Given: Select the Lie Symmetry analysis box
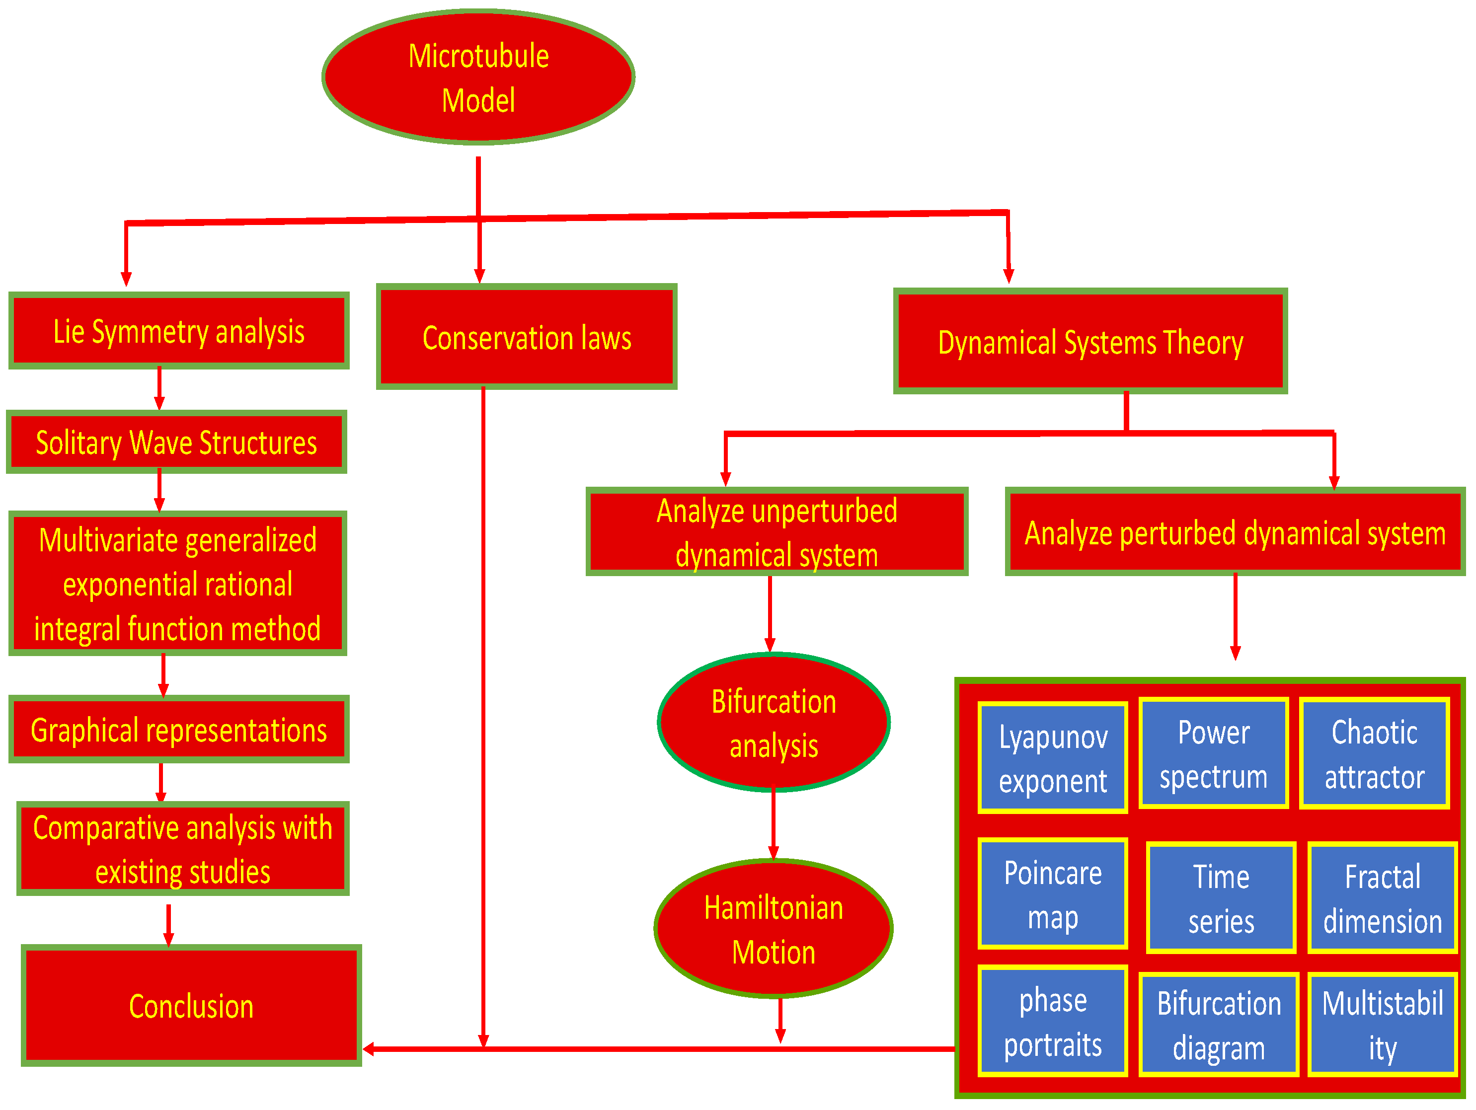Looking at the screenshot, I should click(179, 331).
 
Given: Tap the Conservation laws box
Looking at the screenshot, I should click(527, 337).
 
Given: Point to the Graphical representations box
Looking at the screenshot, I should click(179, 730).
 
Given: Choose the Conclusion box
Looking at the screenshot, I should click(191, 1005).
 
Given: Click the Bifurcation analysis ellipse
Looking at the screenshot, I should click(774, 723).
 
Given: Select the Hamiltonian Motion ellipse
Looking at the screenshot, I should click(774, 929).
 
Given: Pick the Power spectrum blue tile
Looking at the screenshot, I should click(1213, 754).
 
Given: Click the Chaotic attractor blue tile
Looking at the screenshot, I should click(1374, 754).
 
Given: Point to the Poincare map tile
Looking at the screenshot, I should click(1052, 894).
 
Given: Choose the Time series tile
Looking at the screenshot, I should click(1221, 898).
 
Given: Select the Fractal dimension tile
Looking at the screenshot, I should click(1382, 898).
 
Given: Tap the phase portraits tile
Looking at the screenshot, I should click(1052, 1021).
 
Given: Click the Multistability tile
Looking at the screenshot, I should click(1382, 1025).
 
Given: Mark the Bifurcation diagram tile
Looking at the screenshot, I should click(1219, 1025).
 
